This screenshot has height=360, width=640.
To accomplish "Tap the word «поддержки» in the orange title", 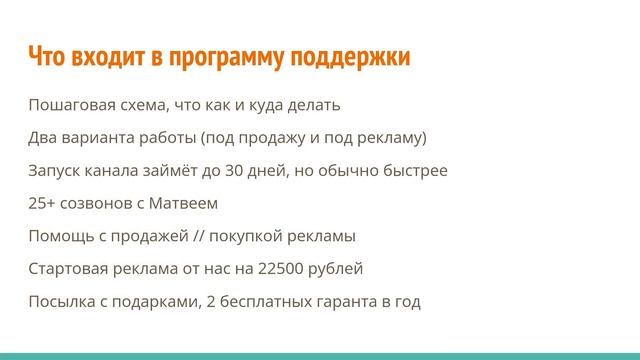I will point(347,58).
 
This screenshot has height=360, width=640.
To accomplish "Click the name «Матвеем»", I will point(182,203).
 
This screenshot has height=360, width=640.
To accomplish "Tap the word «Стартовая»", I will point(68,269).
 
